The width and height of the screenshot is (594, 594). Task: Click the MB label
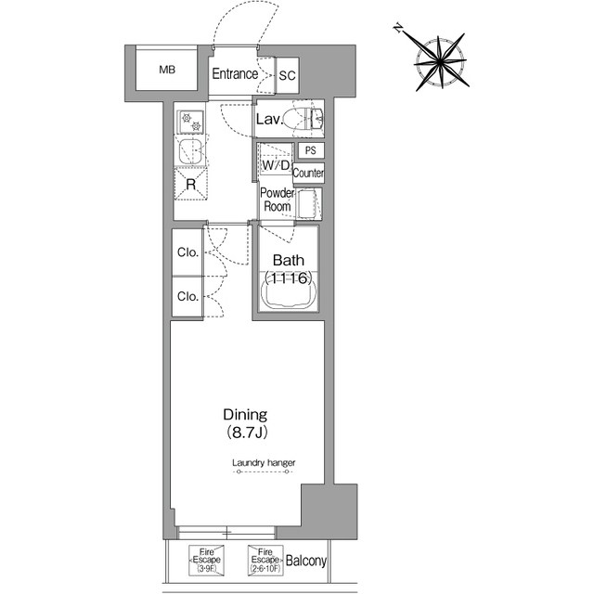(x=167, y=70)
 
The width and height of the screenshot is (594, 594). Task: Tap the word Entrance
(x=235, y=74)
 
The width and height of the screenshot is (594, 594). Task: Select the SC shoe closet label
(x=287, y=75)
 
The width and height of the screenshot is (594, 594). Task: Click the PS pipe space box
(x=310, y=150)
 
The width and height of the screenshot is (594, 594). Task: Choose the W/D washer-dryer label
(x=276, y=165)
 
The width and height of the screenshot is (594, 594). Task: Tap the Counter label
(x=308, y=174)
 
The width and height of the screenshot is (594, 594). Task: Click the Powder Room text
(x=278, y=200)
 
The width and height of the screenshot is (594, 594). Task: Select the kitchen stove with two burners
(x=191, y=122)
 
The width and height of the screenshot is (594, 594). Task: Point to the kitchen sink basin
(x=190, y=151)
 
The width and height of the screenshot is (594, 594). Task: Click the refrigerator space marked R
(x=191, y=184)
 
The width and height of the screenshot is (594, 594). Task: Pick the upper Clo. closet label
(x=187, y=252)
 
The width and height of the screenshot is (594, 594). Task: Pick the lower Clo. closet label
(x=187, y=296)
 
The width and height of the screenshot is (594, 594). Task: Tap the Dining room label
(x=245, y=415)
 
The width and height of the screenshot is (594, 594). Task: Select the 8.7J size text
(x=247, y=433)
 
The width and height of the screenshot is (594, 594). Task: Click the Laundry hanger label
(x=264, y=462)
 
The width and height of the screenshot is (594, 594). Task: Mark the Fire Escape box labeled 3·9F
(x=206, y=561)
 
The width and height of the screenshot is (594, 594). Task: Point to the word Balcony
(x=306, y=561)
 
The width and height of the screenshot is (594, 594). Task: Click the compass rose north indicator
(x=398, y=28)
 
